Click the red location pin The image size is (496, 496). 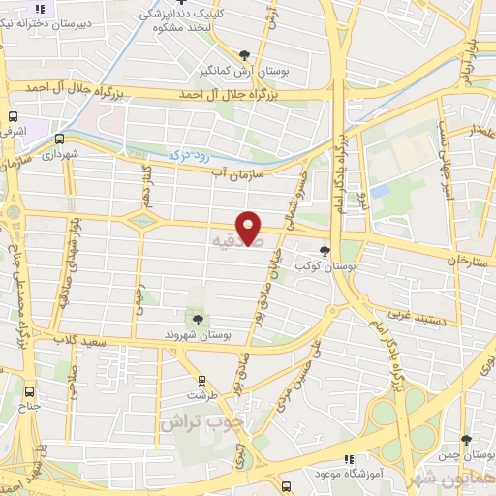pyautogui.click(x=250, y=226)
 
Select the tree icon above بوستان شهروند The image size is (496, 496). pyautogui.click(x=199, y=319)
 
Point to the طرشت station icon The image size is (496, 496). pyautogui.click(x=201, y=381)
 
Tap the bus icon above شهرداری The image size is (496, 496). pyautogui.click(x=60, y=139)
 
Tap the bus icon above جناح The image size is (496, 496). pyautogui.click(x=30, y=392)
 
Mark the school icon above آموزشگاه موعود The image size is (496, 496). pyautogui.click(x=348, y=460)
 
